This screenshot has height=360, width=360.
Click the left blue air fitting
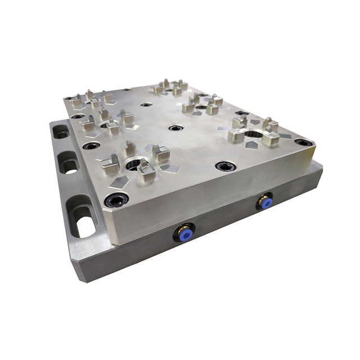[x=184, y=231]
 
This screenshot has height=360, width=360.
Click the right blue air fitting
[x=264, y=201]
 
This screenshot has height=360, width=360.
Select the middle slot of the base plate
[x=68, y=164]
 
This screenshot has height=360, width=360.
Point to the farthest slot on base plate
[x=60, y=132]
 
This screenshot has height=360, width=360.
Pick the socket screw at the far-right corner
[x=304, y=142]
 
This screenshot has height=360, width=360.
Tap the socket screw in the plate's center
[x=175, y=128]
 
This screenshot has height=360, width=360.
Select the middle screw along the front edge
[x=226, y=166]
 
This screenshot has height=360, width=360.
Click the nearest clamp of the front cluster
[x=146, y=172]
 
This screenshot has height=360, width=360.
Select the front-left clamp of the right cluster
[x=236, y=134]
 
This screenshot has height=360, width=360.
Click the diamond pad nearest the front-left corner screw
[x=119, y=182]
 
